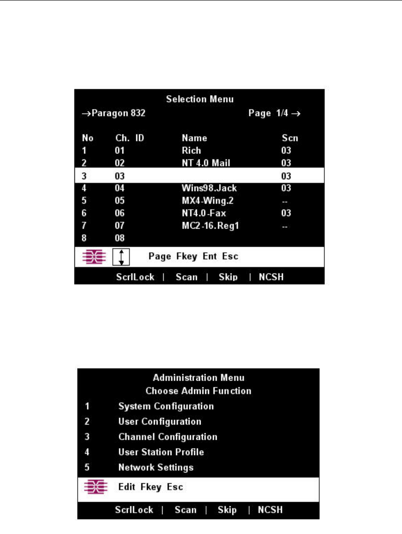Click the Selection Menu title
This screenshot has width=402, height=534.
(200, 99)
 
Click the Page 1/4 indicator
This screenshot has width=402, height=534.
(275, 113)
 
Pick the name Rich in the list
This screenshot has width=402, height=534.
(191, 151)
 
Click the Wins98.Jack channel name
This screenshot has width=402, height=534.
(209, 188)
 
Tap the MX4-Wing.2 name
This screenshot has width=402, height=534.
(206, 201)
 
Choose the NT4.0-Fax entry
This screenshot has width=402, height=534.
(204, 213)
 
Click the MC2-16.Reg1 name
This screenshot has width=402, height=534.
(210, 226)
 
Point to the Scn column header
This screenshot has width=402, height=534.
(290, 138)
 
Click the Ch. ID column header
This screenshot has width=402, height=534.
(130, 138)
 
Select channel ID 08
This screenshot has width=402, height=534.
(120, 238)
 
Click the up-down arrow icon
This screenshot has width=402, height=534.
(121, 256)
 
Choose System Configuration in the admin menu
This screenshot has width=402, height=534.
(166, 407)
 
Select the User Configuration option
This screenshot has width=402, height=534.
(160, 422)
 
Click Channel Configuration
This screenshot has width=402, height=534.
(168, 437)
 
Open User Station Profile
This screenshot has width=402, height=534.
(161, 452)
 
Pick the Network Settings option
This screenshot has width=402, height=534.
(156, 467)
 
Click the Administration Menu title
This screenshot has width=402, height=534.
(198, 378)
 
